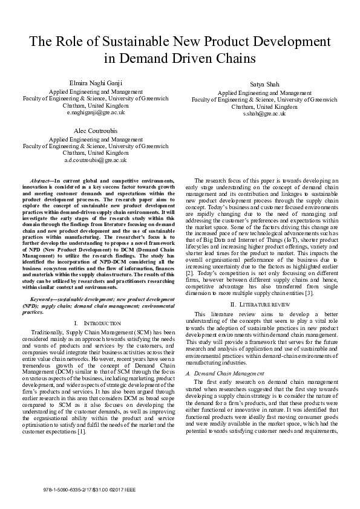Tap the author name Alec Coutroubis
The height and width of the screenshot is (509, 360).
coord(96,131)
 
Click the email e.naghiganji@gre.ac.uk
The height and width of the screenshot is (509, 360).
coord(96,112)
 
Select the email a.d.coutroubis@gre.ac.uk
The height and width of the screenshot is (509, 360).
coord(96,160)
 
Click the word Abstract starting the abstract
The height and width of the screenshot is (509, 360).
coord(41,181)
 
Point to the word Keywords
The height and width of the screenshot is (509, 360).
coord(44,300)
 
